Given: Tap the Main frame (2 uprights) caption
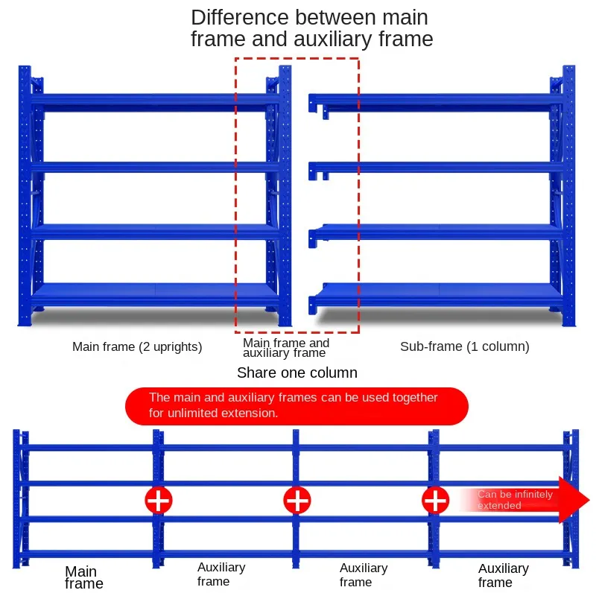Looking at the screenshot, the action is [137, 346].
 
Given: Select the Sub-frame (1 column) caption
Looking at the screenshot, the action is [464, 346].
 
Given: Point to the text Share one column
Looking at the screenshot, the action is [297, 373].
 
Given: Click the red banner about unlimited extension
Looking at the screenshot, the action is [297, 406].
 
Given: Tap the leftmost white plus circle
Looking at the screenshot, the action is [159, 500].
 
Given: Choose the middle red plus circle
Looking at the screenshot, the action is [297, 500].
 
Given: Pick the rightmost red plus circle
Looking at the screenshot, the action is [436, 500].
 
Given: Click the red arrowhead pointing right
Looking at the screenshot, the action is [574, 500].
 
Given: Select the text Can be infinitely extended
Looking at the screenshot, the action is [515, 500].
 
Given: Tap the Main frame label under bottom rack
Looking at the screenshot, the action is [84, 577].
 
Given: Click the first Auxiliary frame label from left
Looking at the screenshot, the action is [221, 574].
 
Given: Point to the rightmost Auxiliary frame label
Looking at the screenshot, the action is [504, 575].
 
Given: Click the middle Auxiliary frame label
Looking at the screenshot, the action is [364, 574].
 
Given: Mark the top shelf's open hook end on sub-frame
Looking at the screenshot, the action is [313, 104].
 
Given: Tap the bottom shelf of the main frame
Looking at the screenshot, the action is [154, 294].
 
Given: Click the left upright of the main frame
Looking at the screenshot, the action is [25, 196].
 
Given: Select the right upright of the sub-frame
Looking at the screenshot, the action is [568, 196].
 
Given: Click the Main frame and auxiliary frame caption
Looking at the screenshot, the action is [286, 348].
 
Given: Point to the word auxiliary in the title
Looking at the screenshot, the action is [332, 39].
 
